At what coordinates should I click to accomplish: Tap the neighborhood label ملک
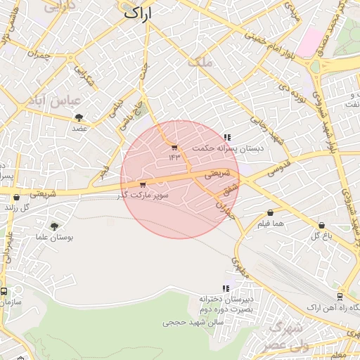200,63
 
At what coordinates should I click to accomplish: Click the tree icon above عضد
78,117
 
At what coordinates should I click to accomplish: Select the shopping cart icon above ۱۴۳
174,147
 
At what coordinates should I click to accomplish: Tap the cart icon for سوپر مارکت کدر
143,185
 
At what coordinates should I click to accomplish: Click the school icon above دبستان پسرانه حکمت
227,137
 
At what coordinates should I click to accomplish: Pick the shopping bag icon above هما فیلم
270,212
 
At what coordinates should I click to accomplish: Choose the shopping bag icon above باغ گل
321,225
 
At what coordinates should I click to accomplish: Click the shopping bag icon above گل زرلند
16,198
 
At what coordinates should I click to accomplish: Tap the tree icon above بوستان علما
54,226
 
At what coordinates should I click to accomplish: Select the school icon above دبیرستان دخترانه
226,288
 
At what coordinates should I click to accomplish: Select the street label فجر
105,170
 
